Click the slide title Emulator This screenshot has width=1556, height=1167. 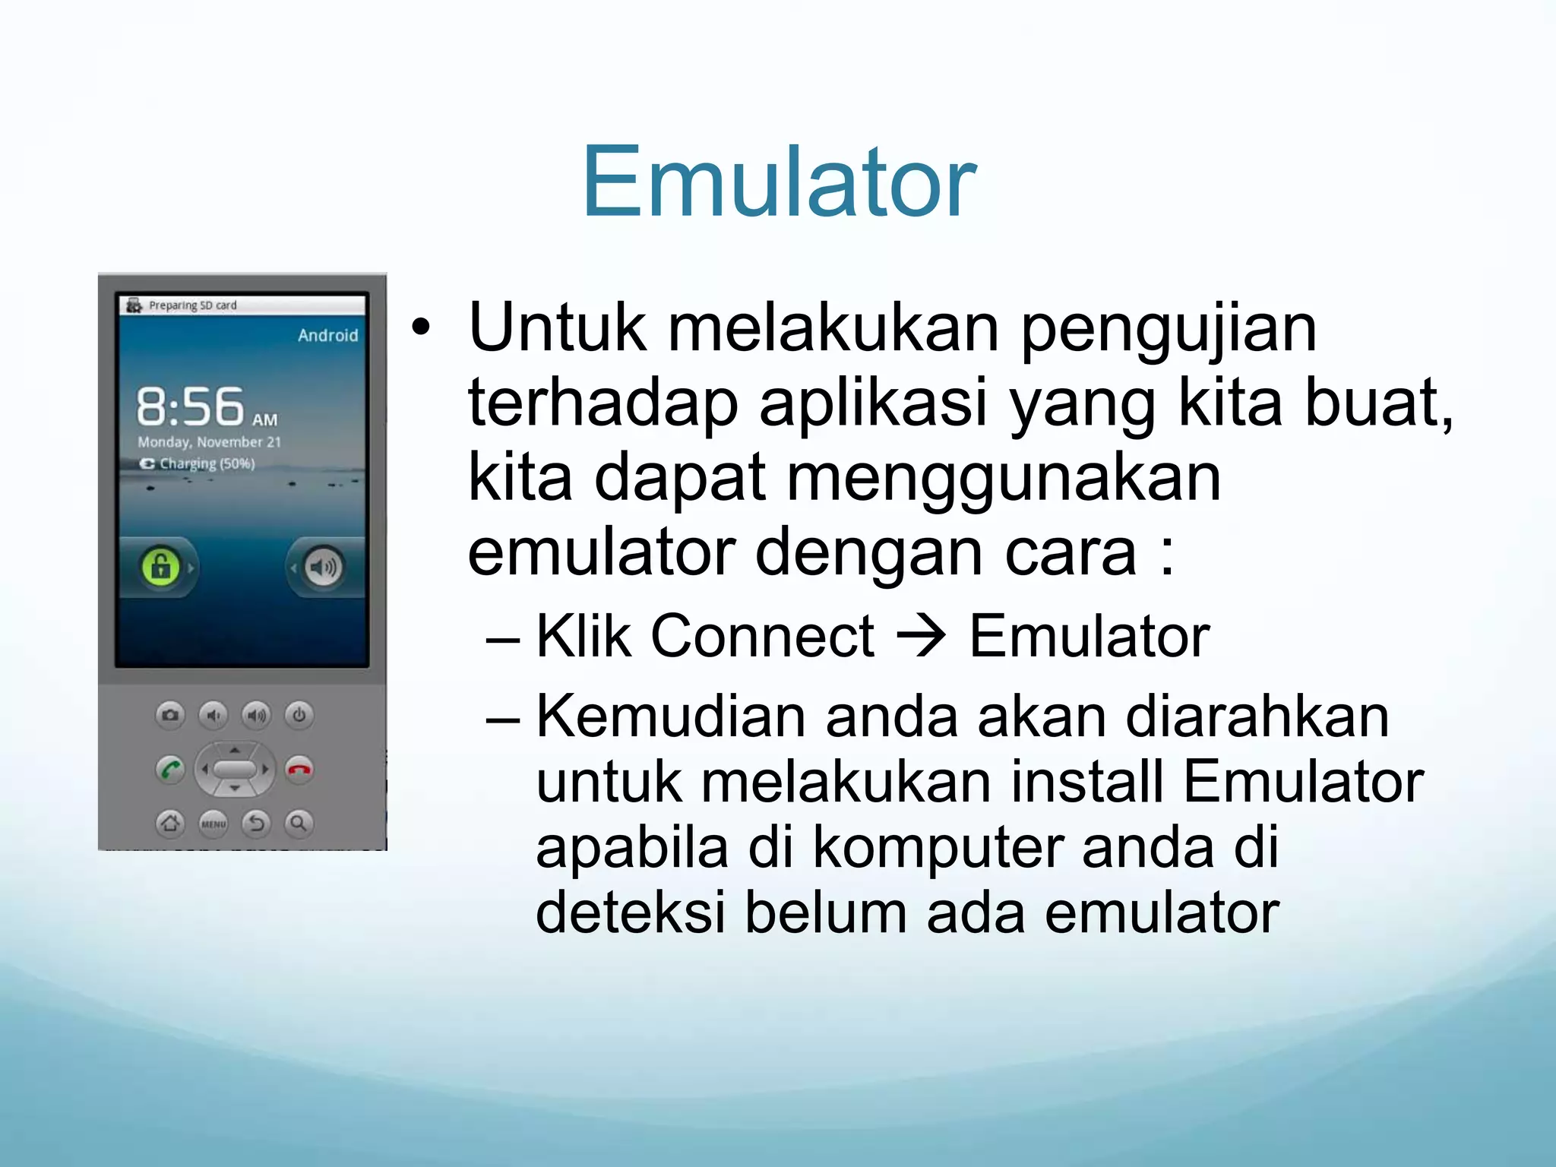[x=779, y=182]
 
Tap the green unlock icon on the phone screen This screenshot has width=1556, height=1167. [x=160, y=567]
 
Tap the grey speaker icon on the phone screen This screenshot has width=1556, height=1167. [x=324, y=568]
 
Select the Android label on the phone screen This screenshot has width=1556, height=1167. [x=327, y=335]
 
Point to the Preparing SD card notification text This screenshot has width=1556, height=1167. [x=192, y=305]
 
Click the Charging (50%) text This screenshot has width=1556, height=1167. [x=206, y=463]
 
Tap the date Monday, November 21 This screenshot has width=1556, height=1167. [x=209, y=441]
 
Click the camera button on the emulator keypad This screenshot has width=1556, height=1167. [x=170, y=715]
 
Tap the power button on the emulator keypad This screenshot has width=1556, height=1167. [x=299, y=715]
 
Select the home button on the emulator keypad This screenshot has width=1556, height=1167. [x=170, y=823]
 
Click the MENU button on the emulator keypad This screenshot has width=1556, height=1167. [x=213, y=823]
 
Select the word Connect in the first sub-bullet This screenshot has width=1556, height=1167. [x=762, y=636]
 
